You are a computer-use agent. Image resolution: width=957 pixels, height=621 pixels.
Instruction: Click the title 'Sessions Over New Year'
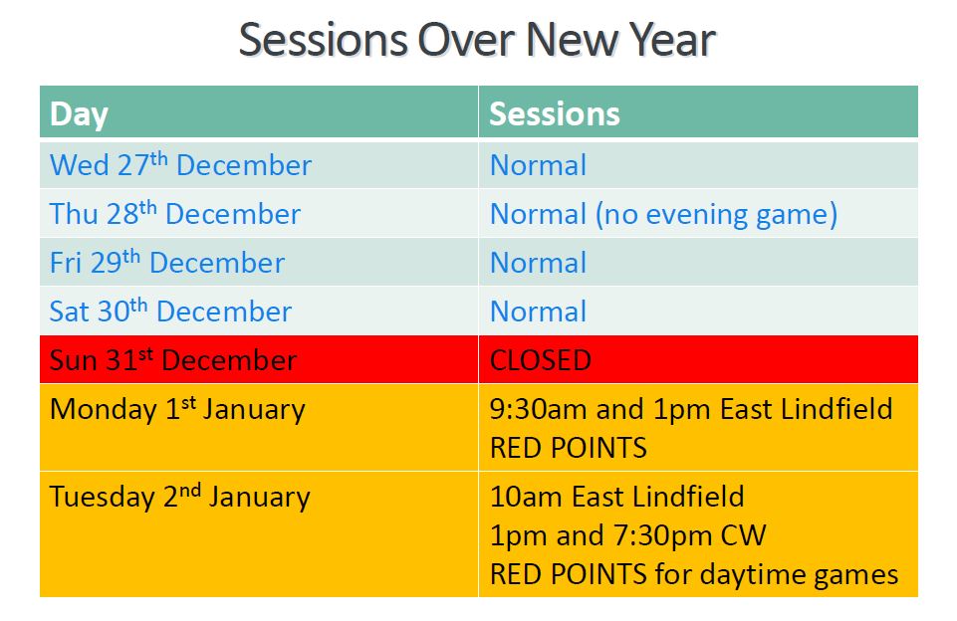point(477,40)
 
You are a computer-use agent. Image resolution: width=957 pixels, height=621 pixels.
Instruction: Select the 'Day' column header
point(79,114)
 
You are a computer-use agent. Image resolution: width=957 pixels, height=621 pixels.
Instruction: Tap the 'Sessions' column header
point(554,114)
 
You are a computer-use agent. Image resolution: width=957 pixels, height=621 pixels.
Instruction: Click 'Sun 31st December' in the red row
point(172,360)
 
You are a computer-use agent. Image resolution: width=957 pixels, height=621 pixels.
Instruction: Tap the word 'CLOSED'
point(540,360)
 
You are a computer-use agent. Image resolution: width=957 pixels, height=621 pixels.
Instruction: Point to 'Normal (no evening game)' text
point(663,215)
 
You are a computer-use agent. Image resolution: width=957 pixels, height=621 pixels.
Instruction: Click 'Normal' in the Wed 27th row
point(538,165)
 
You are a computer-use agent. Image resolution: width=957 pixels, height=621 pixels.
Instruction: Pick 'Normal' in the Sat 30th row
point(538,311)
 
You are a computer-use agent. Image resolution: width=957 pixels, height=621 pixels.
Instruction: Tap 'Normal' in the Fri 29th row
point(538,263)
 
